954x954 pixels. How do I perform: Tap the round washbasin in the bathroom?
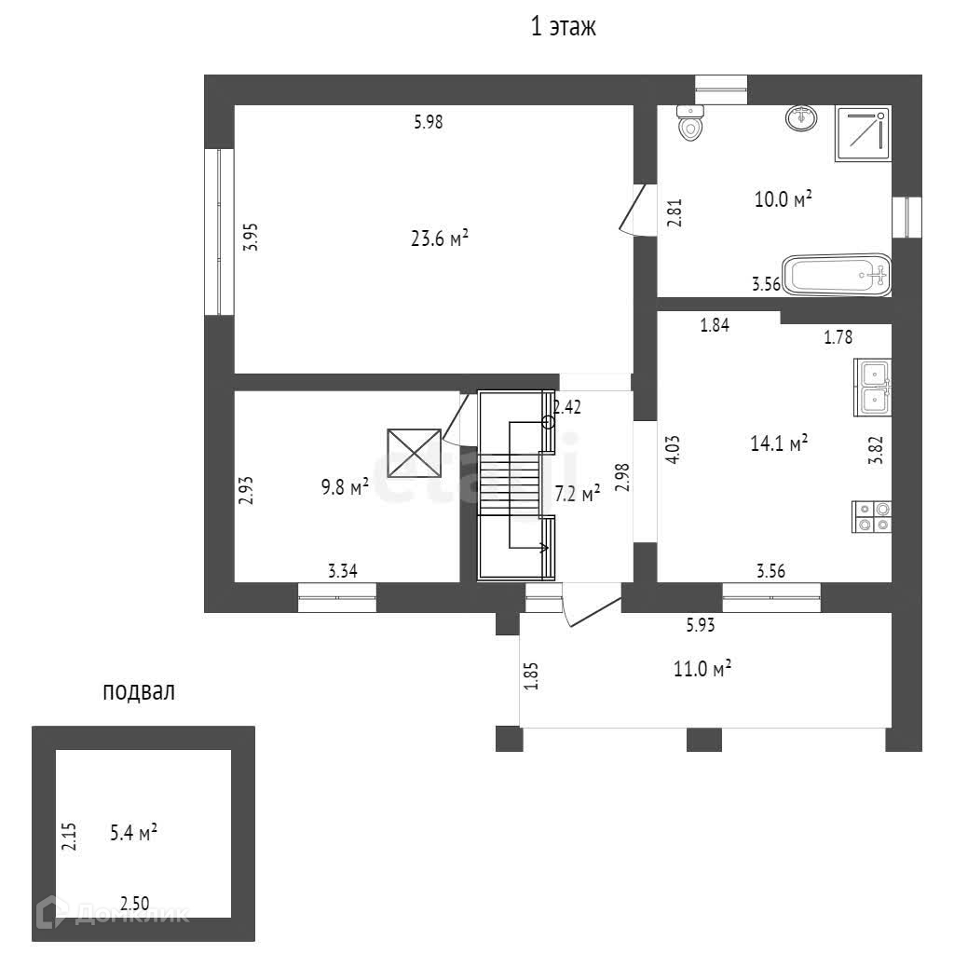801,118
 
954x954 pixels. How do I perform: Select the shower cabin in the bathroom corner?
863,134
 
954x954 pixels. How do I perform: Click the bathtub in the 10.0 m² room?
837,274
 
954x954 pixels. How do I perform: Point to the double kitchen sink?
873,387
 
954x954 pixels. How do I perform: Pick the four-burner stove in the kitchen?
872,517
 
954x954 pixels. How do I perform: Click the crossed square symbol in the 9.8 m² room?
413,452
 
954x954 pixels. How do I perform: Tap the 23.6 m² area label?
439,239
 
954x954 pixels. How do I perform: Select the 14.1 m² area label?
778,444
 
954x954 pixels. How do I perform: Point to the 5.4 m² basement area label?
133,834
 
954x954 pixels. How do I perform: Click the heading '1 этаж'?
563,27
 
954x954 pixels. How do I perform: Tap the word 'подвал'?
139,691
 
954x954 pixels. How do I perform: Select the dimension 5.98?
428,121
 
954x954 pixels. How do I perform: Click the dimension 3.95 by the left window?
250,238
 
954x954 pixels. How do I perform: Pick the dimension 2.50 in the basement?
135,902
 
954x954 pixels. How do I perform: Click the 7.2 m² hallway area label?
577,494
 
